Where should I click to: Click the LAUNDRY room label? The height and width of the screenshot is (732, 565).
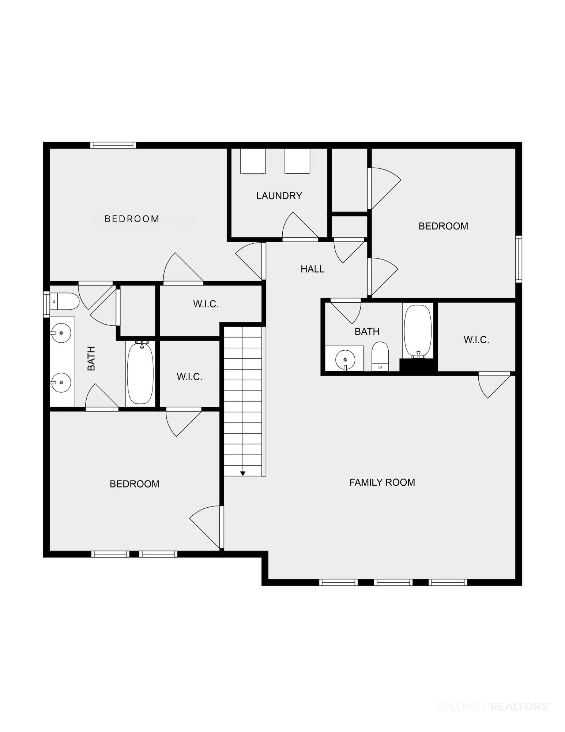(x=279, y=196)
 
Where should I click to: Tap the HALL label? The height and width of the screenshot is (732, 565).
(x=312, y=269)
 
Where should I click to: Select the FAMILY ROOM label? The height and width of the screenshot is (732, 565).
(x=382, y=482)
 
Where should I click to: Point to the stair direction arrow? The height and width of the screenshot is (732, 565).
(x=243, y=474)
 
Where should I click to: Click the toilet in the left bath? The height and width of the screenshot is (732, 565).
(x=64, y=301)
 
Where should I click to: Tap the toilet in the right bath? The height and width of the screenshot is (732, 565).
(x=380, y=356)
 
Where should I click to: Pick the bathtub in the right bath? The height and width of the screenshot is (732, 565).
(x=418, y=331)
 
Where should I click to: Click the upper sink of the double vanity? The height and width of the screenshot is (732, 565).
(x=61, y=333)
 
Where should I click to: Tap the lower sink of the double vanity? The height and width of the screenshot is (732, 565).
(x=61, y=382)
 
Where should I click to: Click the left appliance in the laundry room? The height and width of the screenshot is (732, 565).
(x=253, y=161)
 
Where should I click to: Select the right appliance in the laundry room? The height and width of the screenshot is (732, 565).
(x=297, y=161)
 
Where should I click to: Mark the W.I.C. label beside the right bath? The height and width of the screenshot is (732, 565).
(x=476, y=340)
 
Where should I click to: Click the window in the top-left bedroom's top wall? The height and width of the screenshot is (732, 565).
(x=113, y=145)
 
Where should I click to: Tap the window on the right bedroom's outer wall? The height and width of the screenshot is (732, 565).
(x=519, y=259)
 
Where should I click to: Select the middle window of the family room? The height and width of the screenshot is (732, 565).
(x=393, y=582)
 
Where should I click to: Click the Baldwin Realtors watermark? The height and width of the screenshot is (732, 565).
(x=494, y=706)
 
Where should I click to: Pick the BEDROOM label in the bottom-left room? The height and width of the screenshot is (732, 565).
(x=135, y=484)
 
